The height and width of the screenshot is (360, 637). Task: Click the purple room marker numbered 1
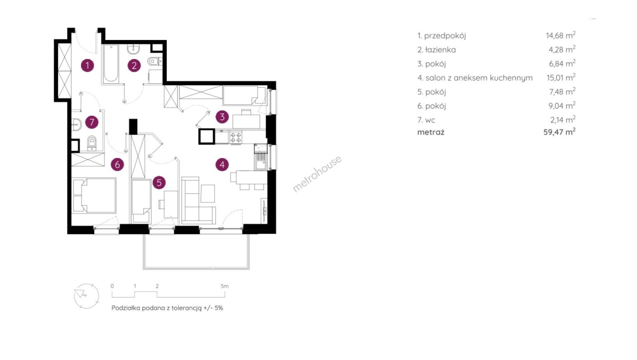[87, 65]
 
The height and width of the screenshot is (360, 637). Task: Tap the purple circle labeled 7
[92, 122]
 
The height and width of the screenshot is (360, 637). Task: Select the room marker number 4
[222, 164]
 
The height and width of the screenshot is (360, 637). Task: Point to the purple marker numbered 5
[159, 183]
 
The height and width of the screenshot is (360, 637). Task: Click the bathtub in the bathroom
[110, 64]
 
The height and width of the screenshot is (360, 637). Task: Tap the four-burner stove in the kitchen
[236, 138]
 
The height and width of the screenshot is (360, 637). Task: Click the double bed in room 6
[94, 196]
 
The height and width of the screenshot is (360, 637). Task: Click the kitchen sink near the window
[260, 164]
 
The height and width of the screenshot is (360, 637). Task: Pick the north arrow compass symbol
[86, 296]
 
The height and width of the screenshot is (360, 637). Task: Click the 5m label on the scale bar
[224, 286]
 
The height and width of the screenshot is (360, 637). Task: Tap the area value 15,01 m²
[561, 78]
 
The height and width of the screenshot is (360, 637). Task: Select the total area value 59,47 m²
[559, 132]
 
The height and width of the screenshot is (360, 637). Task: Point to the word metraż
[431, 132]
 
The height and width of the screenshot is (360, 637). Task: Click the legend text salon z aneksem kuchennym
[479, 78]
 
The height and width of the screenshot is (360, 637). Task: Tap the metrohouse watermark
[317, 174]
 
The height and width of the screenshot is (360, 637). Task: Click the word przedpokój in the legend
[445, 36]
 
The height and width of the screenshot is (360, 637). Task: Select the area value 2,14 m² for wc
[562, 120]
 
